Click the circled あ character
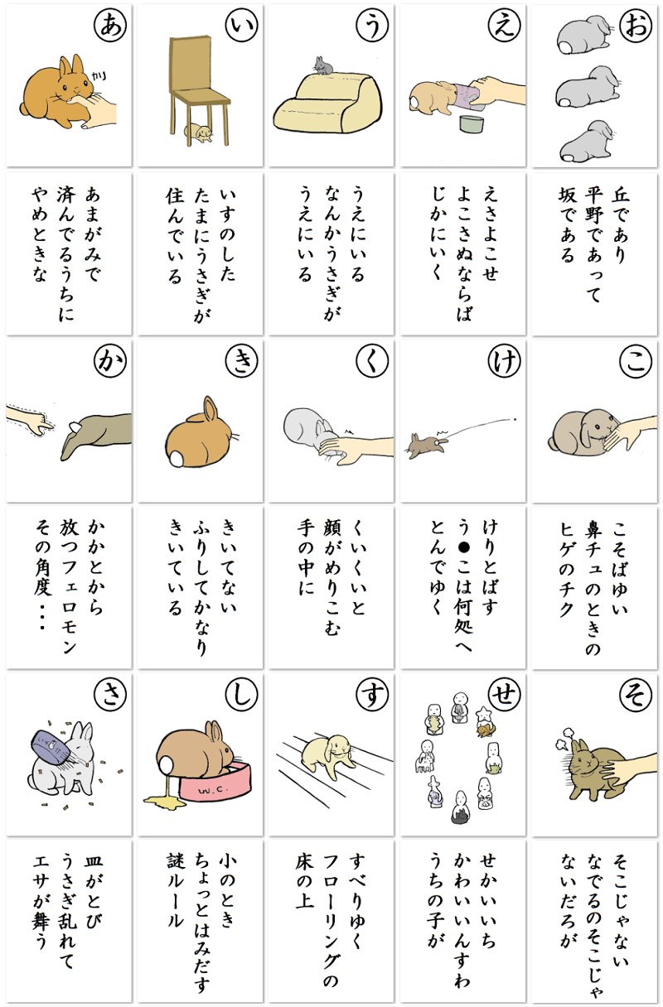click(110, 26)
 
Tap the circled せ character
click(504, 695)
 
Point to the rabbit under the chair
click(199, 132)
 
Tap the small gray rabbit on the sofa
click(323, 65)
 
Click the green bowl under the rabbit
click(472, 123)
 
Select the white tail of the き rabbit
click(176, 459)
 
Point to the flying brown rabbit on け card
click(428, 443)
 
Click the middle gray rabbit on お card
click(587, 87)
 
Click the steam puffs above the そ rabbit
click(564, 743)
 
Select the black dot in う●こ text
click(464, 547)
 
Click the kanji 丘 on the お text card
click(620, 195)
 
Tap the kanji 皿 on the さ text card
click(93, 860)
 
